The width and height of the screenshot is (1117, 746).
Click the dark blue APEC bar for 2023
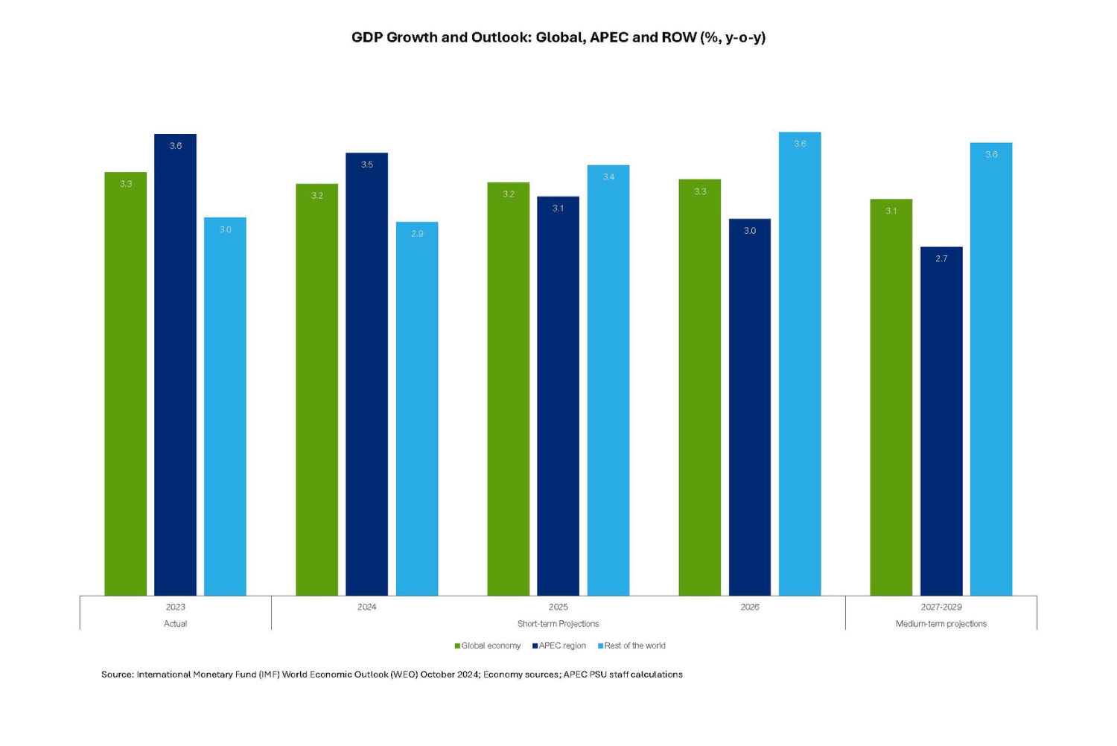point(175,365)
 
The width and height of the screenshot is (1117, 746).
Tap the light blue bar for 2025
point(608,380)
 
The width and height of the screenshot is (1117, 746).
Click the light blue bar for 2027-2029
point(990,369)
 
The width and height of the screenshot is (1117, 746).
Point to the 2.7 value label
point(941,259)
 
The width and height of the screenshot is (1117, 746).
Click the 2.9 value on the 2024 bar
point(417,234)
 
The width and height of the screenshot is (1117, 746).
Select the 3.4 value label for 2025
point(608,177)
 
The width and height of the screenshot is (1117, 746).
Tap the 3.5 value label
point(366,165)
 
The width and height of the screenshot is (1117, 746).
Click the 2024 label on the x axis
point(366,608)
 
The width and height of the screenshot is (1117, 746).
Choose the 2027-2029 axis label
point(941,608)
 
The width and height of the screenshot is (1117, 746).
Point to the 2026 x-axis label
point(749,608)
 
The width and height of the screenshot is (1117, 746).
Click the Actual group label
point(175,624)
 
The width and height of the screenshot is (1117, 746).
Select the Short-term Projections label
point(558,624)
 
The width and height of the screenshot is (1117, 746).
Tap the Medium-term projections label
point(941,624)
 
